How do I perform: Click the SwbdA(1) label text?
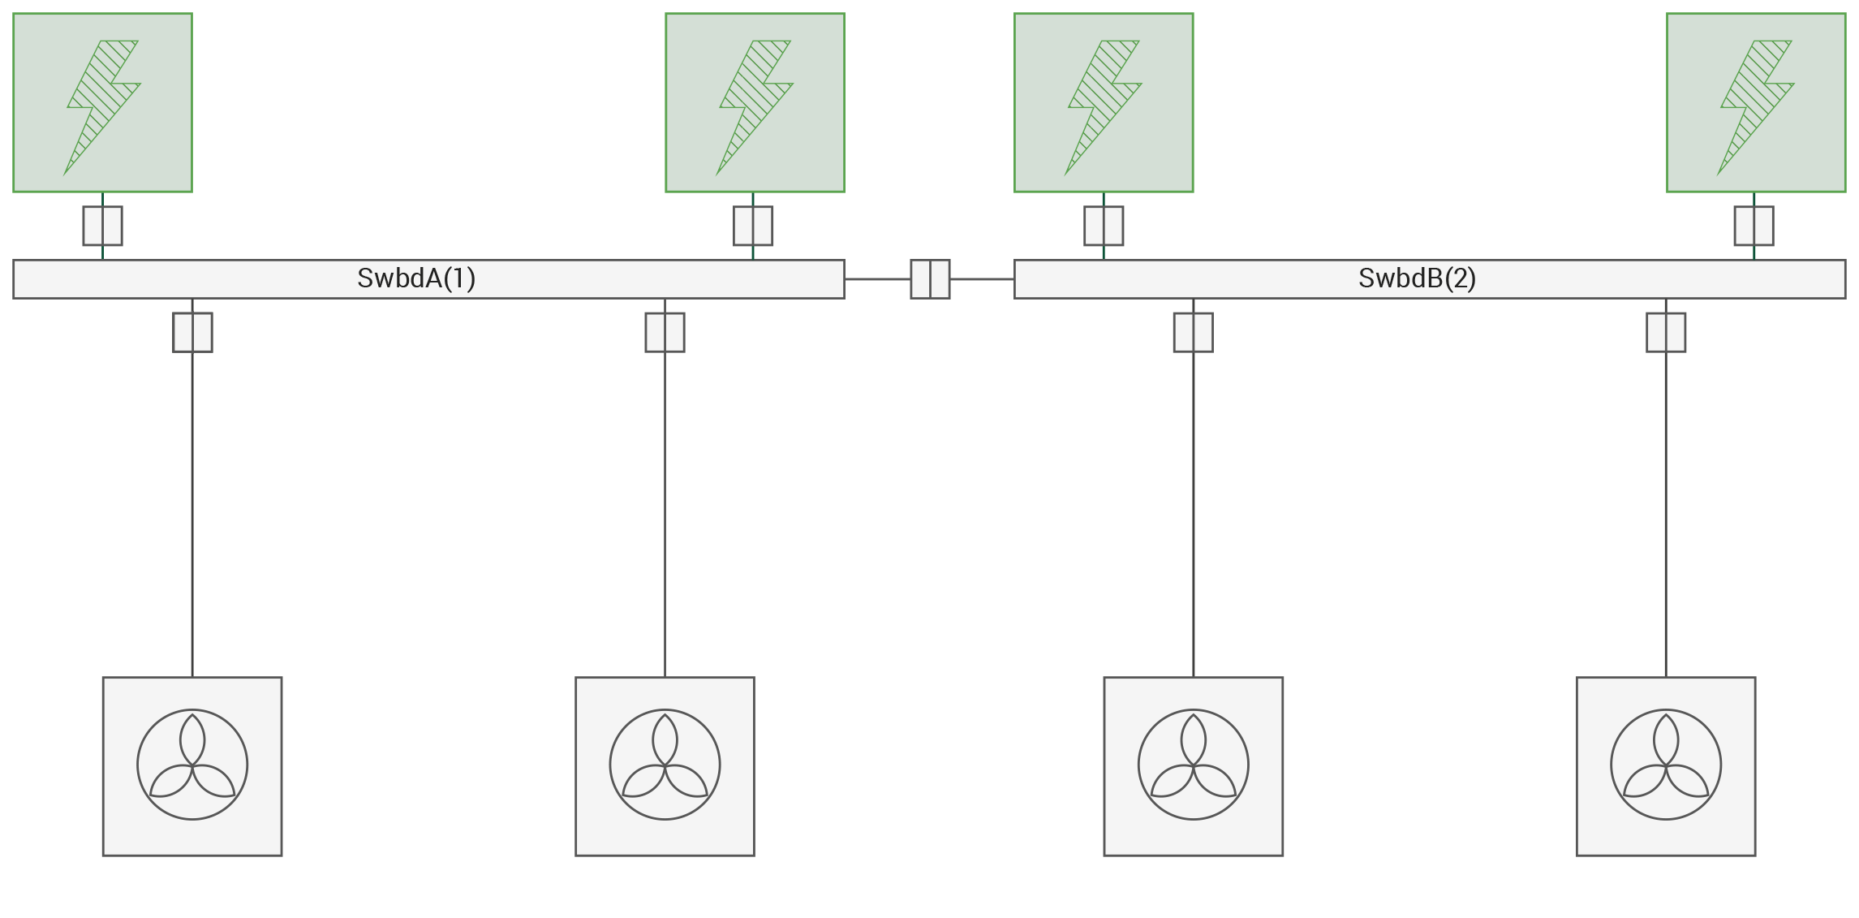click(x=416, y=278)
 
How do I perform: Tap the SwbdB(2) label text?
click(x=1417, y=278)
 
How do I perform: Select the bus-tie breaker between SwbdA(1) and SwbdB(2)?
click(x=930, y=279)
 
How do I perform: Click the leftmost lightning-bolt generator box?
click(x=102, y=103)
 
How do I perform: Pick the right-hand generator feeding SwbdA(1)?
click(x=755, y=103)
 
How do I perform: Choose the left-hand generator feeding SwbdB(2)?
click(x=1104, y=103)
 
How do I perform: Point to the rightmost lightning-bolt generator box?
click(x=1756, y=103)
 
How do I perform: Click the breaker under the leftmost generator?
click(x=102, y=226)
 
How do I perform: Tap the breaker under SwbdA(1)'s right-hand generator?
click(x=753, y=226)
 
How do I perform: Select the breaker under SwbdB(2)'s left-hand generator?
click(x=1104, y=226)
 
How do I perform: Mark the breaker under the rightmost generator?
click(x=1754, y=226)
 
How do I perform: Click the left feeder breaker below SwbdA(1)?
click(x=192, y=333)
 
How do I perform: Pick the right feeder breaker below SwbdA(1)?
click(x=665, y=333)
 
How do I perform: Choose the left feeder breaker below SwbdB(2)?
click(x=1193, y=333)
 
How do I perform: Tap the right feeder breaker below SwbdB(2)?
click(x=1666, y=333)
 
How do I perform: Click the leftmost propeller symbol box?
click(x=192, y=766)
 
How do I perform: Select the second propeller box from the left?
click(x=665, y=766)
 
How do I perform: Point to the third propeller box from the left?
click(x=1193, y=766)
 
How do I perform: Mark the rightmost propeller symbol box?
click(x=1666, y=766)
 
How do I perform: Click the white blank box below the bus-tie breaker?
click(x=935, y=358)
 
